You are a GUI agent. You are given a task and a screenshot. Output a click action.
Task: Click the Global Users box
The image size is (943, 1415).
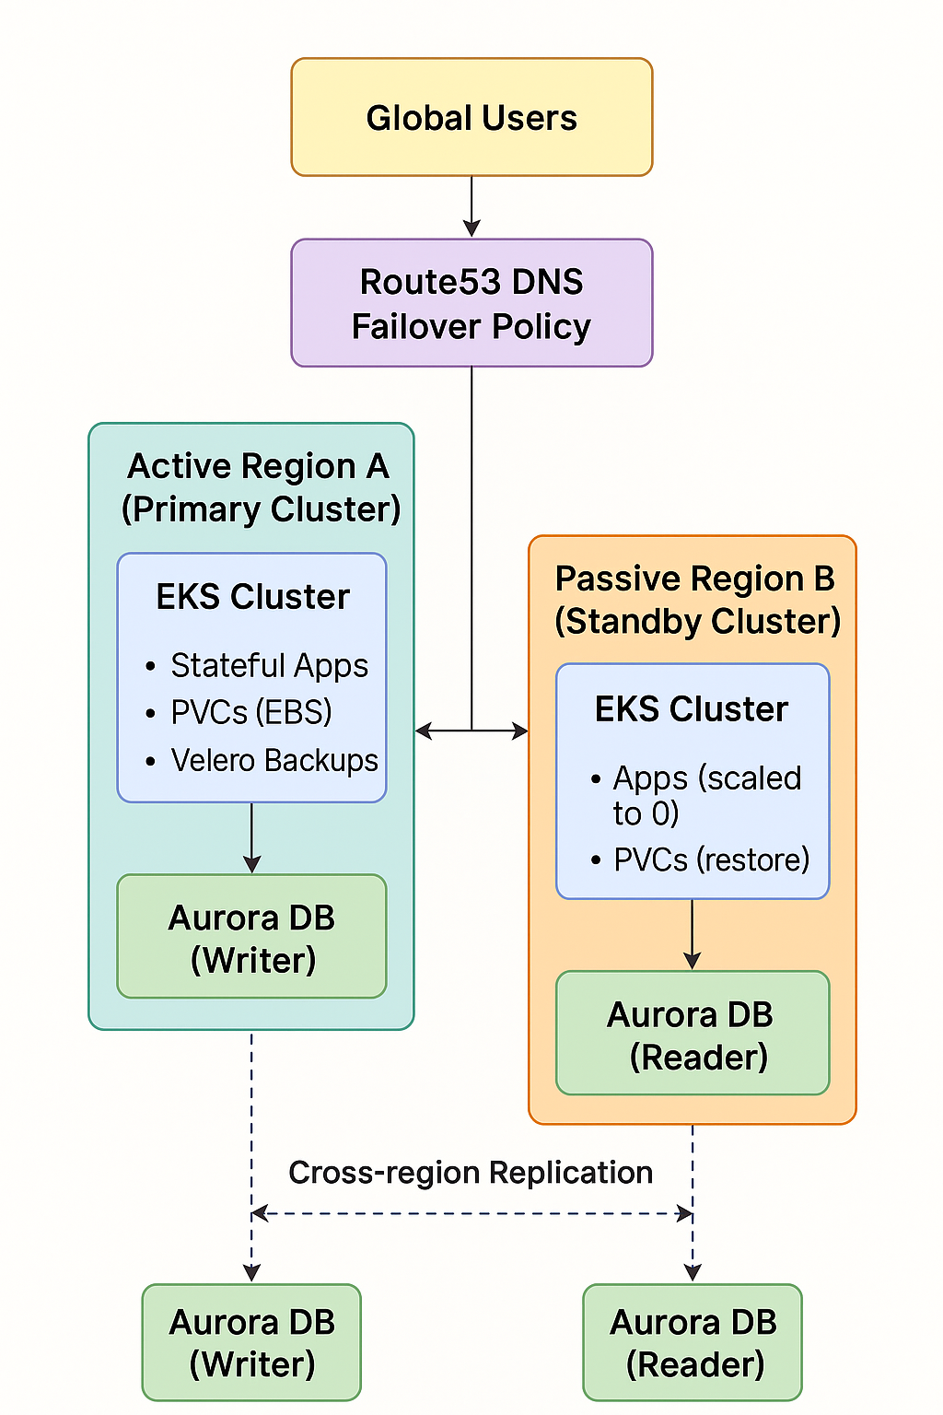click(471, 117)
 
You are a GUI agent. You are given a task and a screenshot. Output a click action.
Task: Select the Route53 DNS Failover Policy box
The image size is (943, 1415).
click(471, 303)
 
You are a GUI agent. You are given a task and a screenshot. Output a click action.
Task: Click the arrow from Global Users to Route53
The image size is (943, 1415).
click(471, 207)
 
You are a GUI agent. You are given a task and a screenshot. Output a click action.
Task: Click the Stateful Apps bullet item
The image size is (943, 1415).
click(268, 665)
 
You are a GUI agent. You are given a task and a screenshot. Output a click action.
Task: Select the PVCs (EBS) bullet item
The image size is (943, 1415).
click(250, 712)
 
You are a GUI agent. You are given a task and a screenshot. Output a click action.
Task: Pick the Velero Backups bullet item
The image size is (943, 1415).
click(274, 760)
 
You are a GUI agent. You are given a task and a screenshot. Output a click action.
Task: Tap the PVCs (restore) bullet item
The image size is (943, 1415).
click(711, 860)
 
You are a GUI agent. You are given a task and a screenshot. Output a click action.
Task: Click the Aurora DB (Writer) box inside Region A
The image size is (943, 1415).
click(251, 937)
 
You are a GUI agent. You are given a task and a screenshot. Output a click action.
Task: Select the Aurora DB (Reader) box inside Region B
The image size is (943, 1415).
click(693, 1034)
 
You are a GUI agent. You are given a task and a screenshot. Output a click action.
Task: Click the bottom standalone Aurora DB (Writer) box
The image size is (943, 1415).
click(251, 1342)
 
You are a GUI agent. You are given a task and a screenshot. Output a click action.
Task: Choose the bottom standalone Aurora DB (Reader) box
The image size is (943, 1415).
click(693, 1342)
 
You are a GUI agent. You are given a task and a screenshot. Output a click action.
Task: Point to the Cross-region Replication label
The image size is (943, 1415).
click(471, 1173)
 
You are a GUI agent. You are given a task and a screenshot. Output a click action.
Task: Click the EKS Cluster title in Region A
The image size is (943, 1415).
click(252, 597)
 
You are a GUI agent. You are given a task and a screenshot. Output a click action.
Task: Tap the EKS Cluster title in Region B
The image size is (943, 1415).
click(692, 709)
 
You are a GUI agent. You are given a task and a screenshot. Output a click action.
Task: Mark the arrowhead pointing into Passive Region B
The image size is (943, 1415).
click(521, 731)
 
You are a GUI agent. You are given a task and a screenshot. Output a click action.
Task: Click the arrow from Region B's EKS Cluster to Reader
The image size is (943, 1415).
click(693, 934)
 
